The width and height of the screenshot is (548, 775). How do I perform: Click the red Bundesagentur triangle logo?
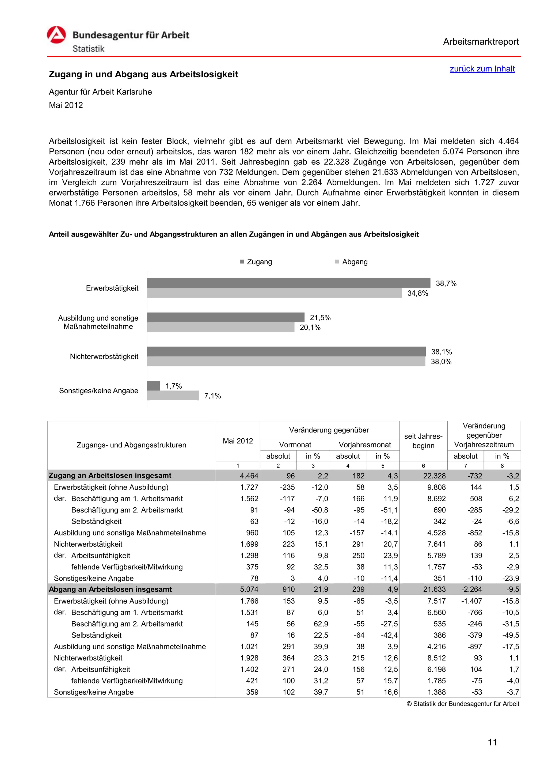click(x=56, y=35)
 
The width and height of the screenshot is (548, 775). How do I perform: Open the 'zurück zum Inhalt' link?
click(x=482, y=69)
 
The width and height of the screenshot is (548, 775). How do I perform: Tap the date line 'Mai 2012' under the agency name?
click(x=66, y=105)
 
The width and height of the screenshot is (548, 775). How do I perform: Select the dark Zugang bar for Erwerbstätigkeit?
click(x=288, y=283)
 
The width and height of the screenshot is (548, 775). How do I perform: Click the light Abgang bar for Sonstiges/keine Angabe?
click(x=173, y=395)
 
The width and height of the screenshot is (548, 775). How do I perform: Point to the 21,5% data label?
click(x=320, y=318)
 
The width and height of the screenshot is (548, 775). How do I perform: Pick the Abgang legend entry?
click(x=354, y=262)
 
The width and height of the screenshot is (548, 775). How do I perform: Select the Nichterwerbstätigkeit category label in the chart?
click(x=104, y=356)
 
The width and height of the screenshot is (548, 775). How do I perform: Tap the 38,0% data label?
click(x=441, y=362)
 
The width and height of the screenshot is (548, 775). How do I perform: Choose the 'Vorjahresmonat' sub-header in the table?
click(x=364, y=445)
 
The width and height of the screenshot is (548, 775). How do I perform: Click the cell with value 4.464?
click(x=249, y=476)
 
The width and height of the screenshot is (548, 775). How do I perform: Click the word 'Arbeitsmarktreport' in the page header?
click(x=481, y=42)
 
